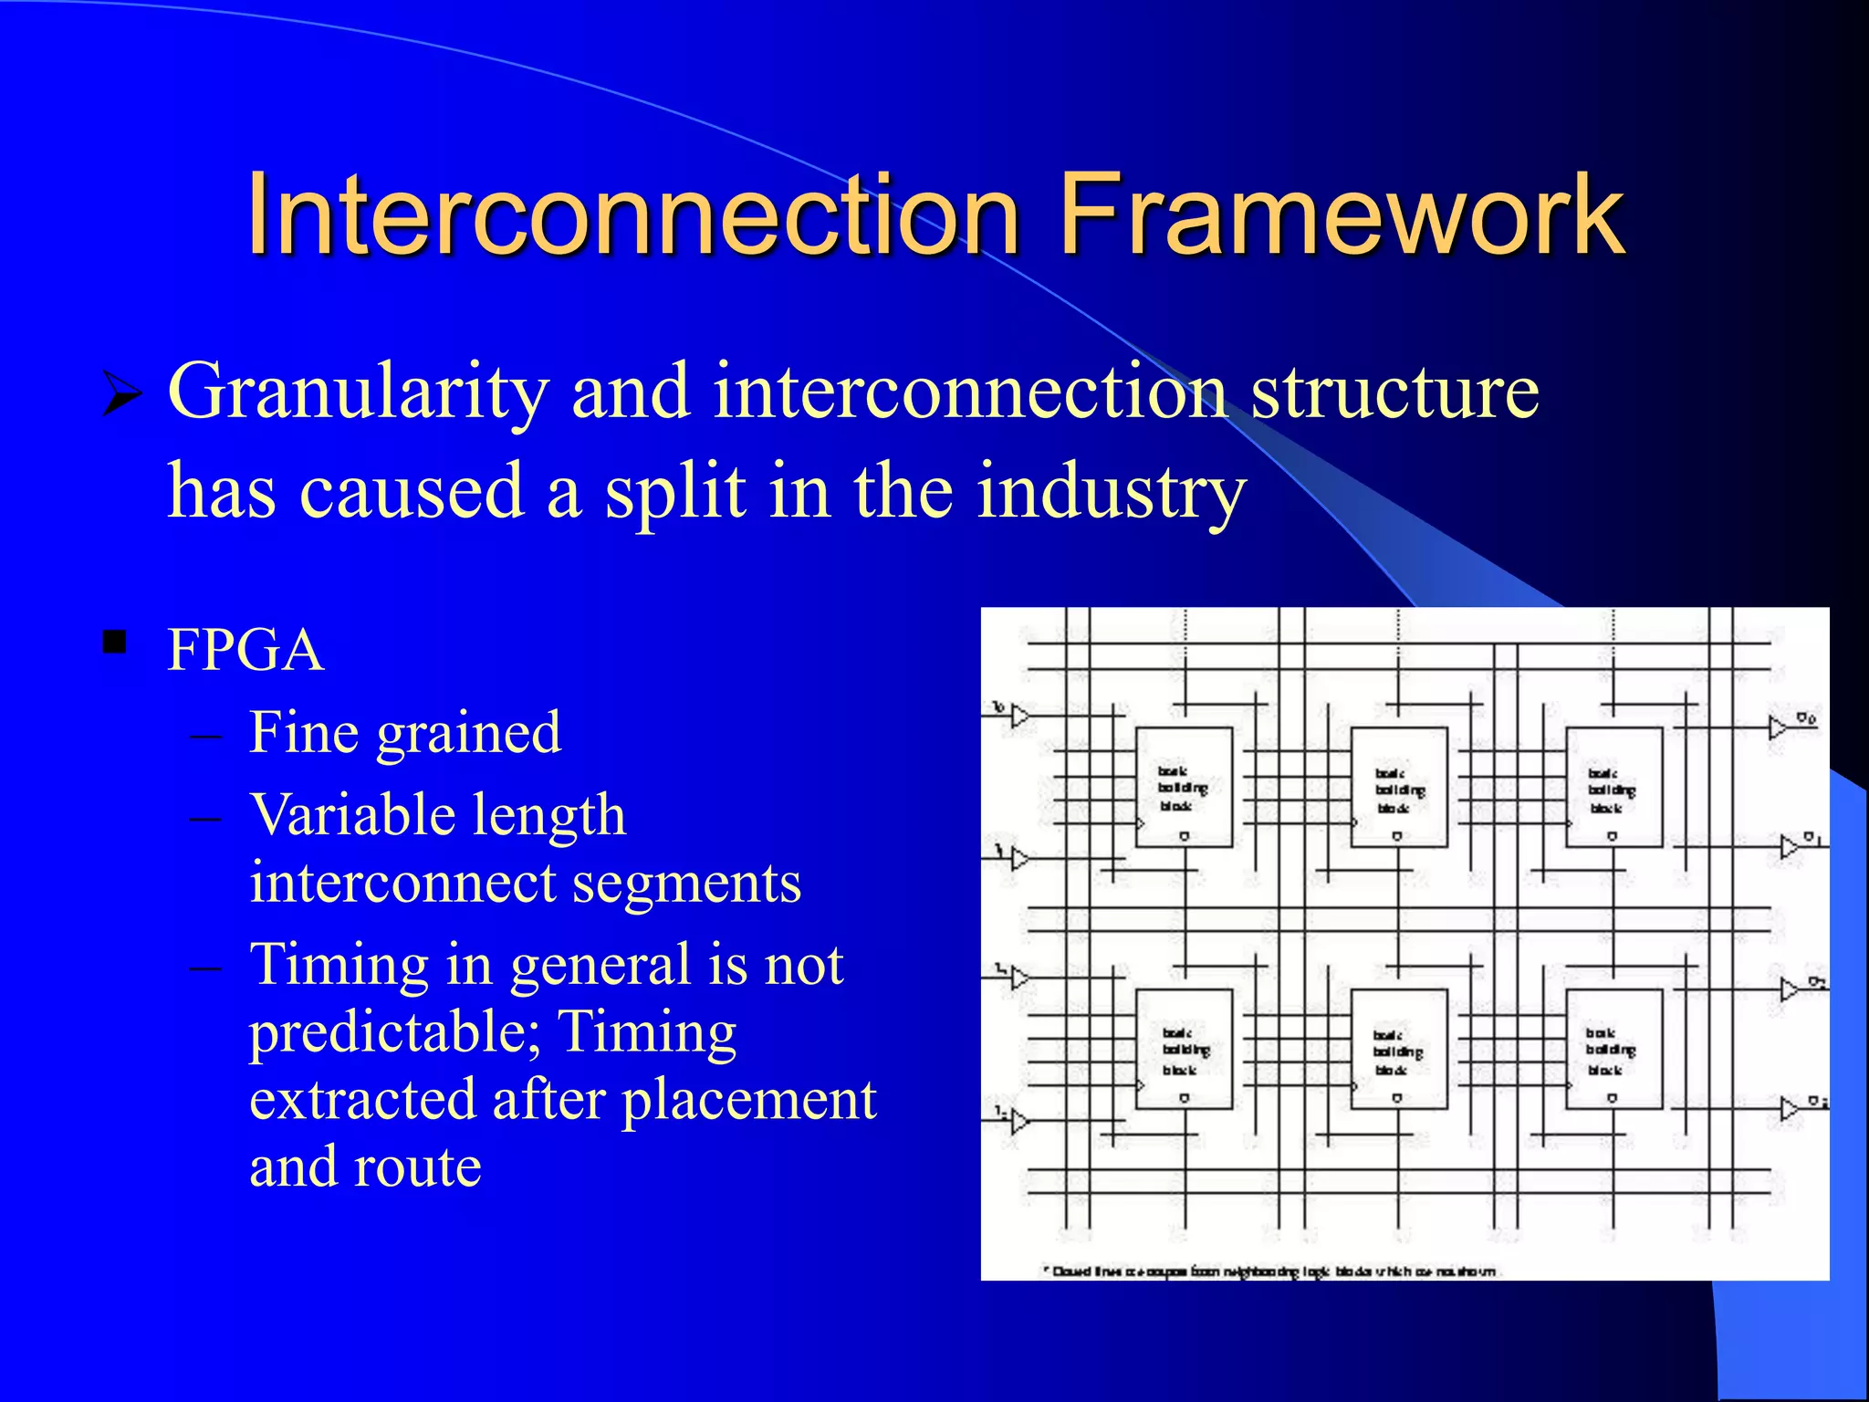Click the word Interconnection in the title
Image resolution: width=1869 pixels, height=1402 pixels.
tap(632, 215)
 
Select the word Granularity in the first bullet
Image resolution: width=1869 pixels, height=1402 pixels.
tap(359, 392)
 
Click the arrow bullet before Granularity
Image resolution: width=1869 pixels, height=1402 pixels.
tap(121, 394)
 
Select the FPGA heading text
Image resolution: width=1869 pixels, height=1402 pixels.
tap(245, 651)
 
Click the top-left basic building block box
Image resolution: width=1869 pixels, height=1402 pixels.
tap(1184, 787)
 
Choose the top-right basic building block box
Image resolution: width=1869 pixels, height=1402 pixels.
tap(1613, 787)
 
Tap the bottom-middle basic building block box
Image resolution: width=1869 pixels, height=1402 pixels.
tap(1398, 1049)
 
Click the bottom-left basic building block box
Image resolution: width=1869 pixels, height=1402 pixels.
tap(1184, 1049)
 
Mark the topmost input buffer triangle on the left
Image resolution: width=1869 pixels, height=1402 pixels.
tap(1020, 716)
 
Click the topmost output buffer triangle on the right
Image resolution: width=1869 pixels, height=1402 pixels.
tap(1778, 727)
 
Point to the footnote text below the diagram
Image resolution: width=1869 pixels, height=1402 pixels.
tap(1273, 1271)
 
